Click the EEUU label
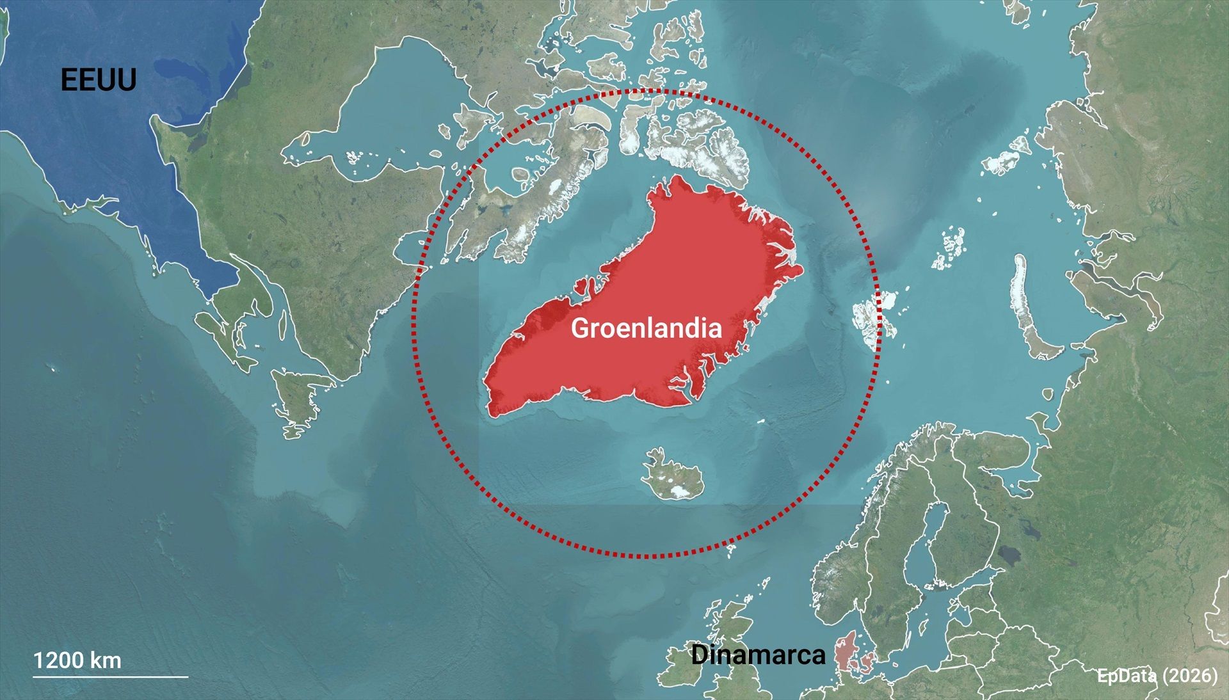click(99, 81)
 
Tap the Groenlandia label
click(646, 328)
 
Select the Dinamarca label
click(758, 655)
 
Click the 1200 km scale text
click(77, 660)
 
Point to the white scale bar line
click(111, 676)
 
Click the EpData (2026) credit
click(1157, 676)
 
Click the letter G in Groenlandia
click(579, 328)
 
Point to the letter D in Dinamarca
click(699, 655)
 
